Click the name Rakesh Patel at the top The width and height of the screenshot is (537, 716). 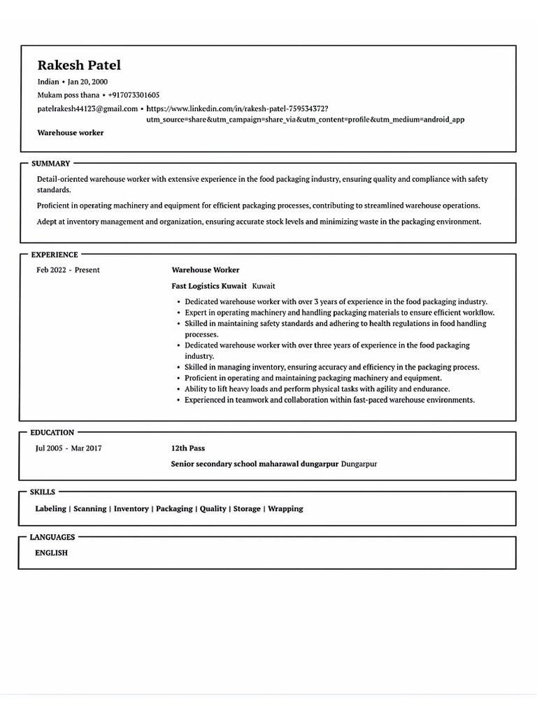(79, 66)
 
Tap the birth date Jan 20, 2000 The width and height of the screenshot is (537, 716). (87, 82)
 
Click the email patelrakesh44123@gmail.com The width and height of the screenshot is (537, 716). (87, 109)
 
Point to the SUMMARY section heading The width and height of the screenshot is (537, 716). (51, 164)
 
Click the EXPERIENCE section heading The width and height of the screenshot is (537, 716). (55, 255)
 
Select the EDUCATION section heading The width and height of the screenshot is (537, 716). (52, 433)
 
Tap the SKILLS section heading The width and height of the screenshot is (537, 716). (43, 492)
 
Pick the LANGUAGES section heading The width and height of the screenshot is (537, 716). (52, 537)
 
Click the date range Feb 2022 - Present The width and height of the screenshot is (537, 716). (69, 270)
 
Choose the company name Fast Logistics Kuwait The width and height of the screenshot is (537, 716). (209, 286)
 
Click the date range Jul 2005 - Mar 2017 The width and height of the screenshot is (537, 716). (69, 448)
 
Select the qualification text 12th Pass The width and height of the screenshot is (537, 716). (188, 448)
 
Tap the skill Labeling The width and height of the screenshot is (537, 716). (50, 509)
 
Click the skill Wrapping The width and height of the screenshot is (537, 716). (285, 509)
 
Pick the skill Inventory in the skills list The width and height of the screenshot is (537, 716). (131, 509)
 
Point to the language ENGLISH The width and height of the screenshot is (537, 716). (51, 553)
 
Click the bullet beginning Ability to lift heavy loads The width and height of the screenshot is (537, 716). (317, 389)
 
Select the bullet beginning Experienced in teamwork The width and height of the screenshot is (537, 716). (329, 400)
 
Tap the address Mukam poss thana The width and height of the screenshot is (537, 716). (68, 95)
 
